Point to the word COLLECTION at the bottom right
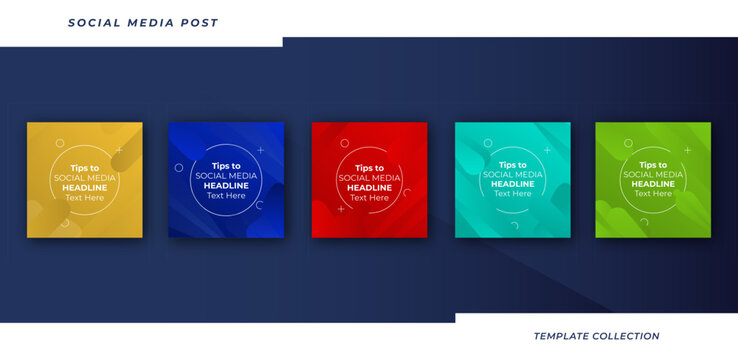click(x=628, y=336)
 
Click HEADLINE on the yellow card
click(x=85, y=187)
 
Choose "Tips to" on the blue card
click(x=226, y=165)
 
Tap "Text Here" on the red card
click(x=369, y=197)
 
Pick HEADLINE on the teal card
click(x=513, y=184)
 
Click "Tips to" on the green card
click(x=653, y=165)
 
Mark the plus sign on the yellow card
click(x=118, y=150)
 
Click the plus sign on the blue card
click(x=261, y=150)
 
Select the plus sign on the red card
click(x=341, y=209)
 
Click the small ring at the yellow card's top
click(x=60, y=143)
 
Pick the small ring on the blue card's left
click(x=179, y=167)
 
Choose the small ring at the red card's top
click(x=345, y=142)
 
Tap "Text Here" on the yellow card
click(x=85, y=197)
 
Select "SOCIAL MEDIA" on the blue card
click(x=226, y=176)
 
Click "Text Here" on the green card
click(x=653, y=194)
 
